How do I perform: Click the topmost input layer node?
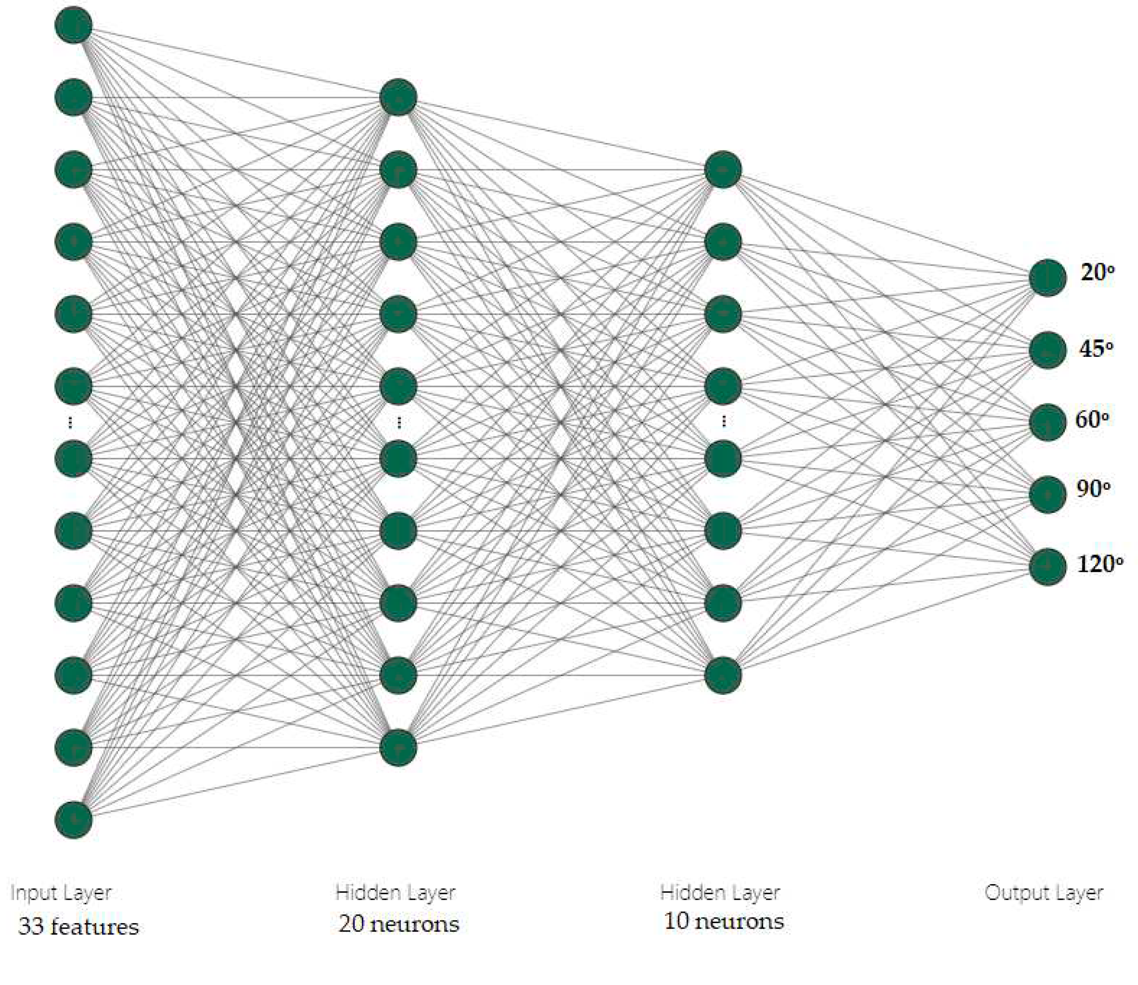[x=74, y=25]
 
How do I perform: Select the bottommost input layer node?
[x=74, y=819]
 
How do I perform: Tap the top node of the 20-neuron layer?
[x=398, y=98]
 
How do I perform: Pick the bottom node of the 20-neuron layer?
[x=398, y=747]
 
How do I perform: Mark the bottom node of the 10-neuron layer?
[x=723, y=675]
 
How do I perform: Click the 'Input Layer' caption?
[x=61, y=893]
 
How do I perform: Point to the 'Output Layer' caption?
[x=1044, y=893]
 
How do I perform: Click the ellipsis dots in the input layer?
[x=70, y=422]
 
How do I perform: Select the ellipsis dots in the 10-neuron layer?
[x=724, y=422]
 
